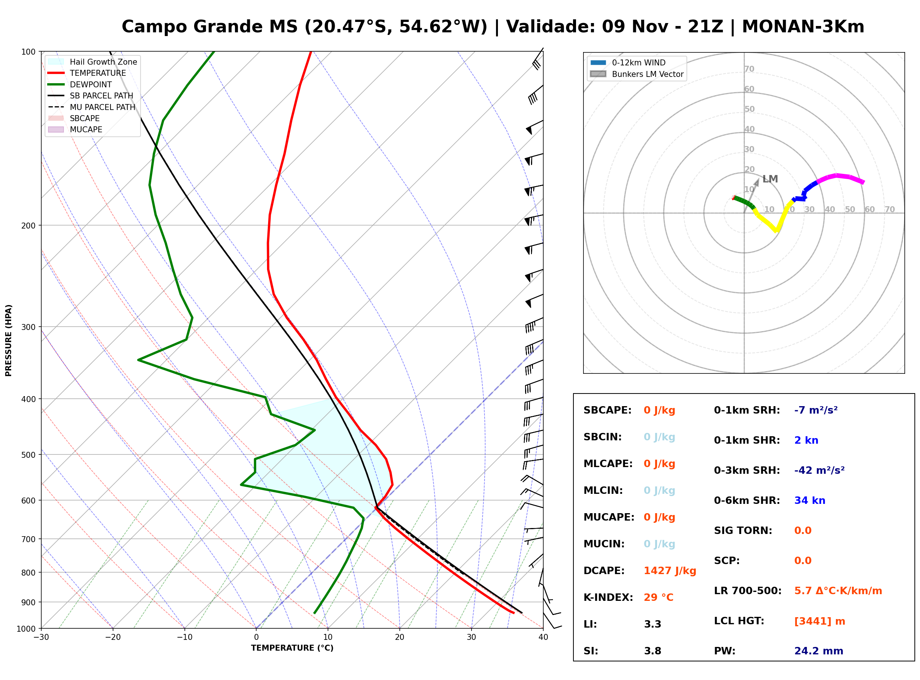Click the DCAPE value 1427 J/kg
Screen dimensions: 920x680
tap(670, 571)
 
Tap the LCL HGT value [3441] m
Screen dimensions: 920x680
tap(820, 621)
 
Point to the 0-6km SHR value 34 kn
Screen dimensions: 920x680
tap(810, 501)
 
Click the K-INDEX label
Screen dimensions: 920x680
tap(608, 598)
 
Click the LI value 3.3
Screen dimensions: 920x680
tap(652, 624)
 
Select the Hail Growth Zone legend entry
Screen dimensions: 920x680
tap(93, 62)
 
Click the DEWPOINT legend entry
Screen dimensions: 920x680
tap(80, 84)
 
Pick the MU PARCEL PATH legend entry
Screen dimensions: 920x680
tap(92, 107)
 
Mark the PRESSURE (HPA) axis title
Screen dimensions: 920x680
tap(9, 340)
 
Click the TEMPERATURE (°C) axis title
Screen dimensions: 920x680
tap(292, 648)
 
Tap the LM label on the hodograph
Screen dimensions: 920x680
tap(770, 179)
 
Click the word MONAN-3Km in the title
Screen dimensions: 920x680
tap(803, 27)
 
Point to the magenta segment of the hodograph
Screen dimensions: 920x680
tap(840, 176)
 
